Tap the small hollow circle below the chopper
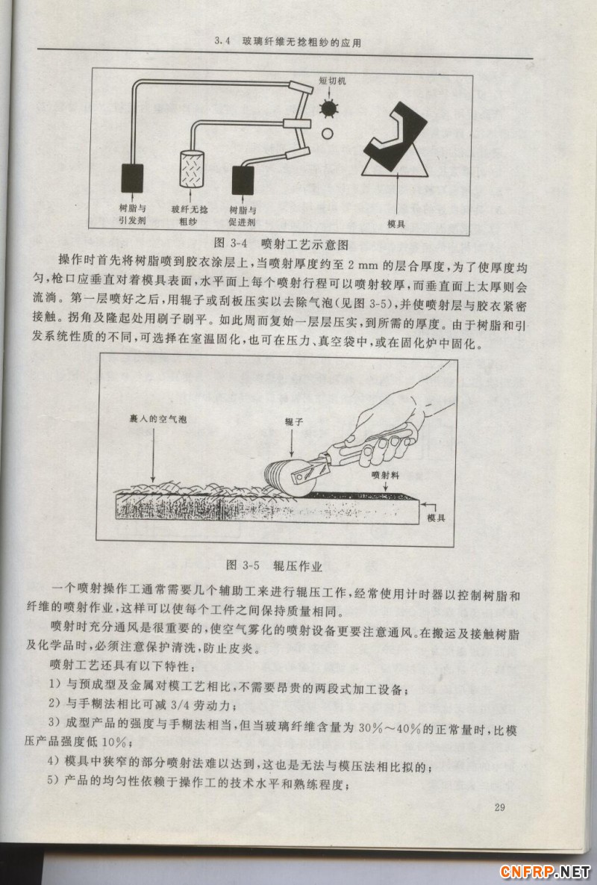coord(326,134)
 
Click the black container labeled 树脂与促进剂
coord(244,181)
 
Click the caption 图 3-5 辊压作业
coord(273,566)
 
